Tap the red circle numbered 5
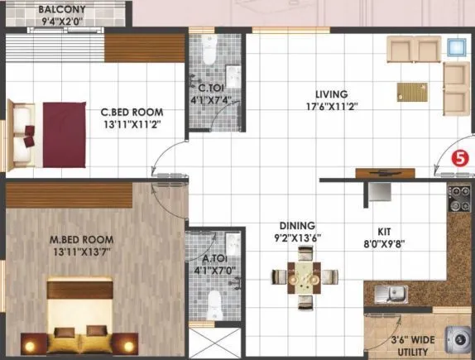460,156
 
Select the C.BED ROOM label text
132,111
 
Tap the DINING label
297,225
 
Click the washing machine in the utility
457,339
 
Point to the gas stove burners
459,199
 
